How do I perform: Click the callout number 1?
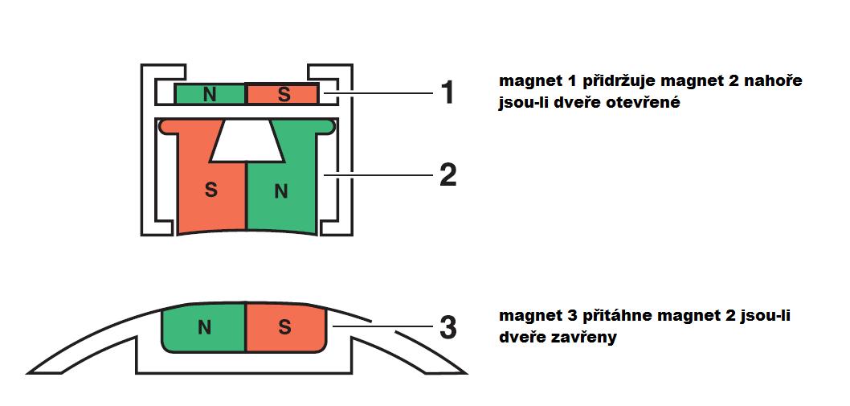tap(447, 92)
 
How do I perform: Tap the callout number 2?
tap(447, 174)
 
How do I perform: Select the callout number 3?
tap(447, 328)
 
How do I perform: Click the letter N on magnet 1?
tap(209, 94)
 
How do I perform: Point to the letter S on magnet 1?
tap(283, 94)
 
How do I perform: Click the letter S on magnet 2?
tap(210, 191)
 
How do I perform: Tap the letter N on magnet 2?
tap(281, 191)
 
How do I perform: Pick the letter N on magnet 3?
tap(204, 327)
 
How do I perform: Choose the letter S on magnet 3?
tap(284, 327)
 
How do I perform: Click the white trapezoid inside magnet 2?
tap(247, 141)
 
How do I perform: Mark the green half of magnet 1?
tap(210, 93)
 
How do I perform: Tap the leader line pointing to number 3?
tap(382, 326)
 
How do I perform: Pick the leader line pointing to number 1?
tap(377, 93)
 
